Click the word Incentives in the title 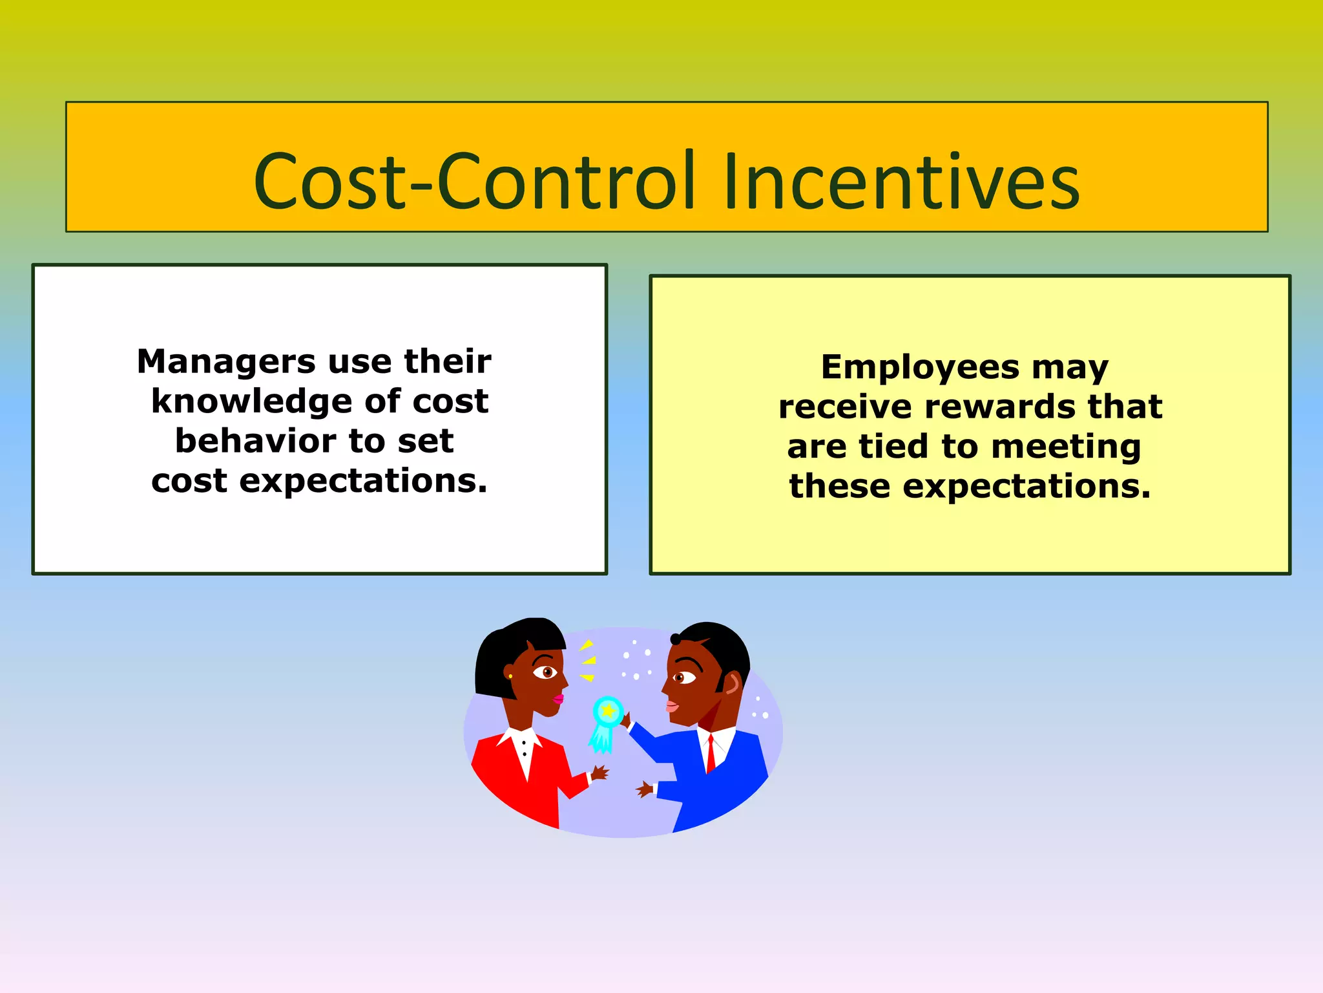[901, 182]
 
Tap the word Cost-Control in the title [475, 182]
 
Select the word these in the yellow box [839, 486]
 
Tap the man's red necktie [711, 753]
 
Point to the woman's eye [547, 672]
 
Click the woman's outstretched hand [599, 773]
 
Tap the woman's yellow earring [510, 676]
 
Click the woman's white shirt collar [525, 743]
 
